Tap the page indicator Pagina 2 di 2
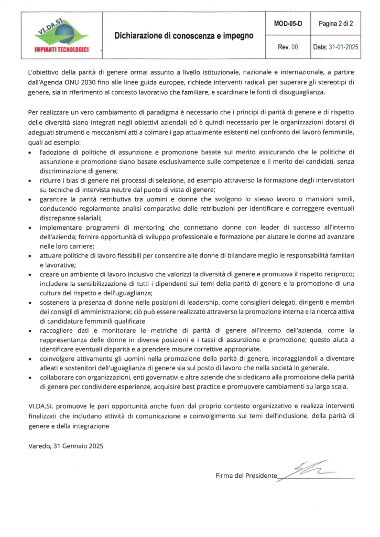click(335, 24)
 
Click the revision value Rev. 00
click(288, 47)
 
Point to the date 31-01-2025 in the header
click(343, 47)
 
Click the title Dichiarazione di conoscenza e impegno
click(184, 36)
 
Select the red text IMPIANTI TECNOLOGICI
click(61, 50)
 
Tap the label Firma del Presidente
click(246, 476)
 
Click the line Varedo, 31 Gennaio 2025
click(66, 446)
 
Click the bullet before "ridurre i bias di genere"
click(30, 180)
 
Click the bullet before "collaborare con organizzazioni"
click(30, 378)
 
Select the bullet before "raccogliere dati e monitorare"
click(30, 331)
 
